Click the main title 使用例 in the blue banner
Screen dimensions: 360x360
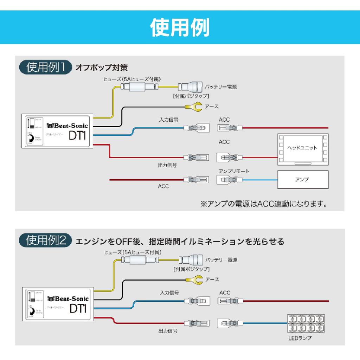(x=180, y=27)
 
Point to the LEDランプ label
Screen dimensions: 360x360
(x=300, y=338)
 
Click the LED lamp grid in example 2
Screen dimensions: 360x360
(x=306, y=323)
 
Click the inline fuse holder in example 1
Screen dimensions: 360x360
(x=139, y=87)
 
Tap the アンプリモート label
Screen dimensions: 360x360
(x=234, y=171)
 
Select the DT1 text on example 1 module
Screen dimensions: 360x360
(x=77, y=136)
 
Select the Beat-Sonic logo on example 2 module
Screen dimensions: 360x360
(x=68, y=299)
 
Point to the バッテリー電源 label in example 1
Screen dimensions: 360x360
(x=221, y=87)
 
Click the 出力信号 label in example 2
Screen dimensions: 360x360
(x=168, y=331)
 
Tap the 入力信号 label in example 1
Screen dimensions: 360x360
(x=168, y=120)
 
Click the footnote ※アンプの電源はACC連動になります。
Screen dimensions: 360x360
(x=264, y=204)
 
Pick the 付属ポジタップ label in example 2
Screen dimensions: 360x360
(x=192, y=269)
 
